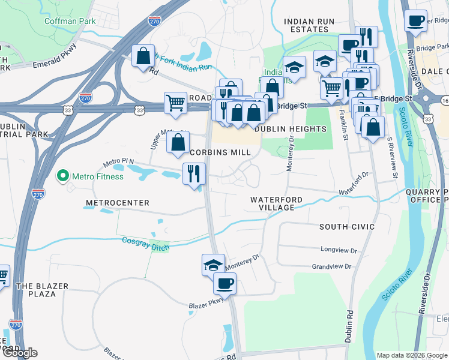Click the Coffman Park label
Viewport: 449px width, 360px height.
click(70, 21)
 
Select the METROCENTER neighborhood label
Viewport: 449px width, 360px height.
click(117, 203)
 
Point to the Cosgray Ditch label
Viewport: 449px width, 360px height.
click(146, 243)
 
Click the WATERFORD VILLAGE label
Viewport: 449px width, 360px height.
click(273, 203)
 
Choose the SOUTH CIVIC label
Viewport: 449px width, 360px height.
click(347, 227)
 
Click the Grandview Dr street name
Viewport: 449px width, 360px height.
click(334, 266)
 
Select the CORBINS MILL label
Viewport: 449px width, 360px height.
click(220, 152)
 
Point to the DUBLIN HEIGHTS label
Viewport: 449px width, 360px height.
click(291, 129)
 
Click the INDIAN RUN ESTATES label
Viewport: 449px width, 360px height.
click(309, 25)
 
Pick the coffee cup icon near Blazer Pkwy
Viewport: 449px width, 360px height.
click(224, 283)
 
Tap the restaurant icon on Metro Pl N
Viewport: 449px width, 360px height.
click(194, 174)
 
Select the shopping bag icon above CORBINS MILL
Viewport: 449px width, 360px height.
click(178, 143)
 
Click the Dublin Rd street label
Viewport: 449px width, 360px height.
click(348, 327)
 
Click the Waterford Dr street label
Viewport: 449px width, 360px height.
click(353, 184)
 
